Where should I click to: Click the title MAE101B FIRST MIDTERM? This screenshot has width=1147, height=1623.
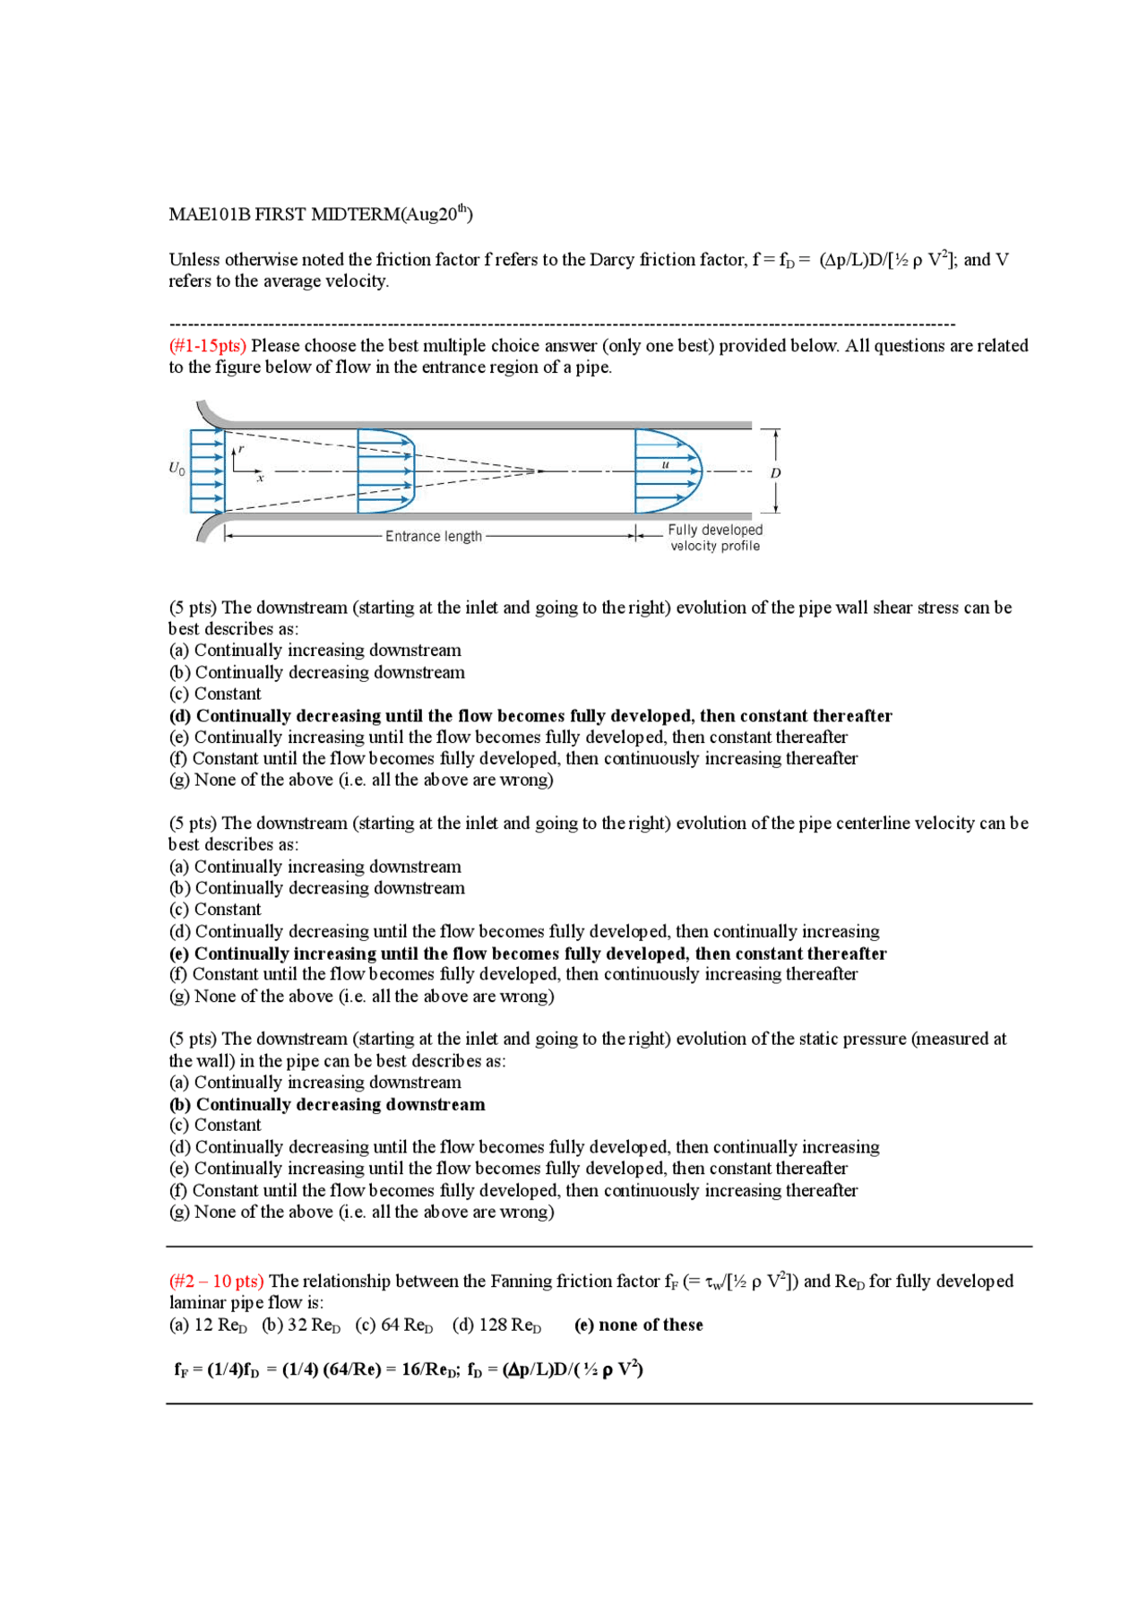point(320,214)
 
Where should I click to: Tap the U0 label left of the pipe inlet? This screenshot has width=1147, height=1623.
point(177,468)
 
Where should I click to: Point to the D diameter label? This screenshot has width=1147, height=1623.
point(775,472)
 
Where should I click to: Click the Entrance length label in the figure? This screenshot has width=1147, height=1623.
point(433,536)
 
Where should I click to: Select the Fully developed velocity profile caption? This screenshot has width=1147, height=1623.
point(714,538)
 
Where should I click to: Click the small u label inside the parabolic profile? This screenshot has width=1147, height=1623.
point(665,464)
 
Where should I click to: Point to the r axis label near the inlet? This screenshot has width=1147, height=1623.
point(241,449)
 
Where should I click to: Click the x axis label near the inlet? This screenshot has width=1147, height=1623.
point(261,479)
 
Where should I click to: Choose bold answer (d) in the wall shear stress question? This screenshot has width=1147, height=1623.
point(530,716)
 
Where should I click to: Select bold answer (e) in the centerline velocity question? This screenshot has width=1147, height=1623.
point(527,954)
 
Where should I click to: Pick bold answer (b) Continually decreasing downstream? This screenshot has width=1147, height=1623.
point(327,1104)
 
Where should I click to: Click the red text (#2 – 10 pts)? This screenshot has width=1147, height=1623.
point(216,1282)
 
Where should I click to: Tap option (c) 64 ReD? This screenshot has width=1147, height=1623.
point(393,1325)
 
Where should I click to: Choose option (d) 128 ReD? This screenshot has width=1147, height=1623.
point(496,1325)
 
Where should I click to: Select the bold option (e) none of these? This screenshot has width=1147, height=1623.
point(638,1325)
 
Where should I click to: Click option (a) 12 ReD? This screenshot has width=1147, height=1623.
point(208,1325)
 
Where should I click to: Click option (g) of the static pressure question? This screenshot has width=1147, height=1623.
point(361,1213)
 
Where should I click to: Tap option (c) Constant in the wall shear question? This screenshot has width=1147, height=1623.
point(215,694)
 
